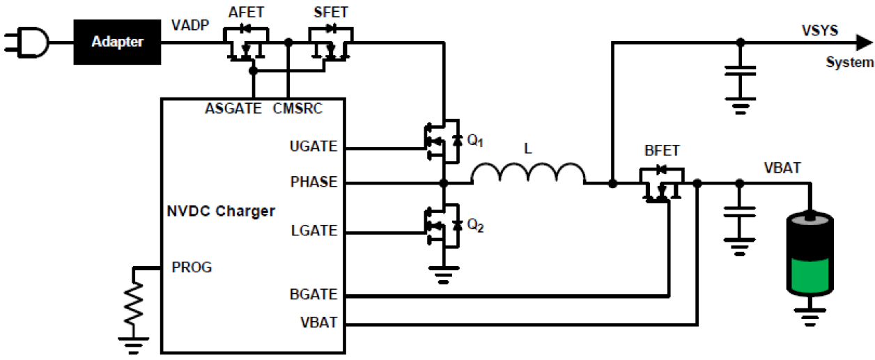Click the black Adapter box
tap(117, 42)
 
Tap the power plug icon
tap(29, 42)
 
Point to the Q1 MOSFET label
tap(475, 141)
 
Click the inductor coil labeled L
tap(528, 175)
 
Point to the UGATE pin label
tap(313, 147)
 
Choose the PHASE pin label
tap(313, 182)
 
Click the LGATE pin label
tap(313, 230)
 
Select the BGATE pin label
tap(313, 295)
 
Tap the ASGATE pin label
tap(233, 109)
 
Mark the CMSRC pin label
tap(298, 109)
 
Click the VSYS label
tap(819, 31)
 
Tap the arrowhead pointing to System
tap(863, 42)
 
